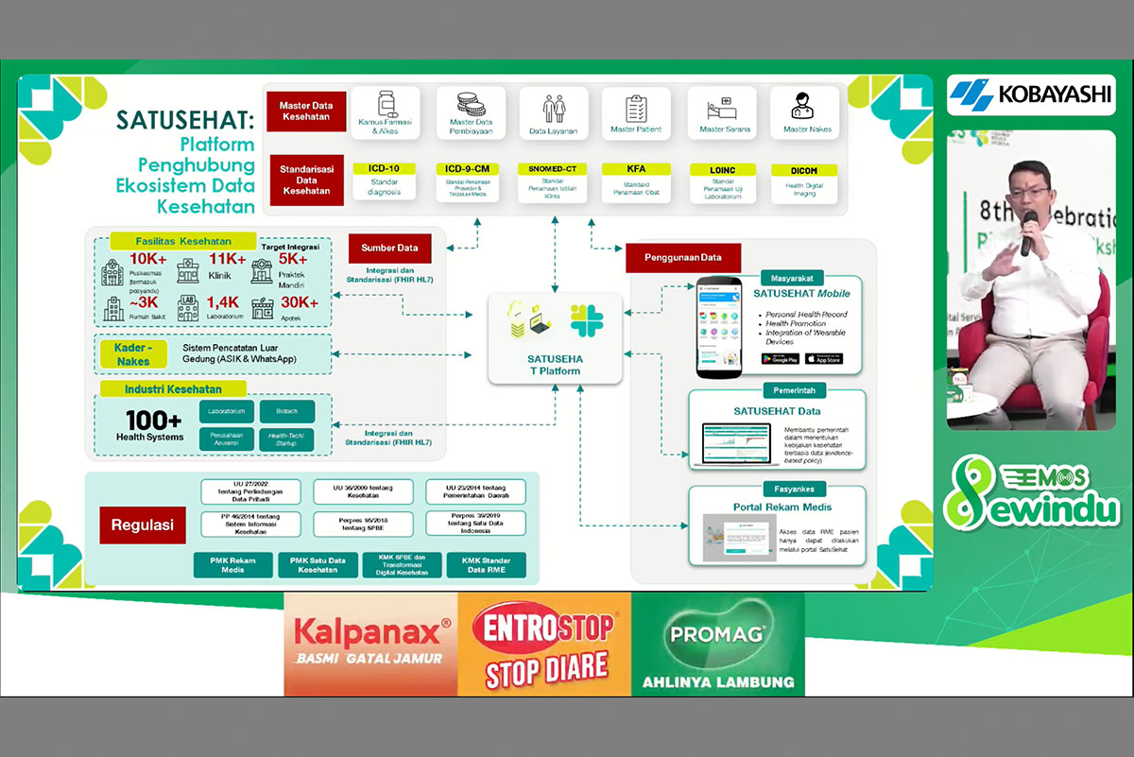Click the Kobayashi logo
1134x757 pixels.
pos(1032,95)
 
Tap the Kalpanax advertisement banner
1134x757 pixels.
pos(370,643)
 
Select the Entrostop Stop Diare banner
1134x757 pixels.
pos(544,645)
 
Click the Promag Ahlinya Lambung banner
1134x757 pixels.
pos(717,645)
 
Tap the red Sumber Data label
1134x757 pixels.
pos(389,249)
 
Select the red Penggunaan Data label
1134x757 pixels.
pos(682,257)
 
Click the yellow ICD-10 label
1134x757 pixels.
pos(384,168)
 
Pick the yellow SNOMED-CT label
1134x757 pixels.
pos(553,168)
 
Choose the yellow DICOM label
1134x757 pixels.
pos(796,170)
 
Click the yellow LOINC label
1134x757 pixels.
pos(722,168)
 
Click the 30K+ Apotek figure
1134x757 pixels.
pos(299,302)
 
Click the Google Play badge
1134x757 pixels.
pos(781,359)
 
